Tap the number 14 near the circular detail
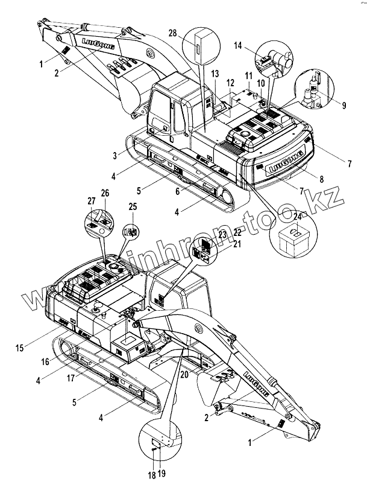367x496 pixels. coord(239,45)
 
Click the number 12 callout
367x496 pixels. coord(230,82)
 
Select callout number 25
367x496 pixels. coord(133,206)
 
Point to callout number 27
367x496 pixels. coord(91,202)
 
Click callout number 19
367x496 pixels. coord(162,475)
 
